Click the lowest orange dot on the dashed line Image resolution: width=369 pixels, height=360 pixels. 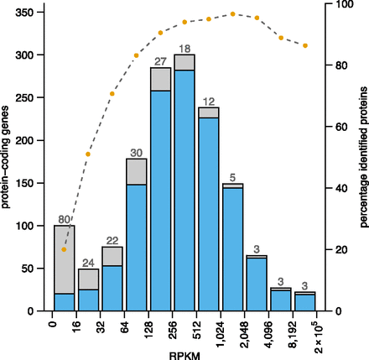64,249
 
